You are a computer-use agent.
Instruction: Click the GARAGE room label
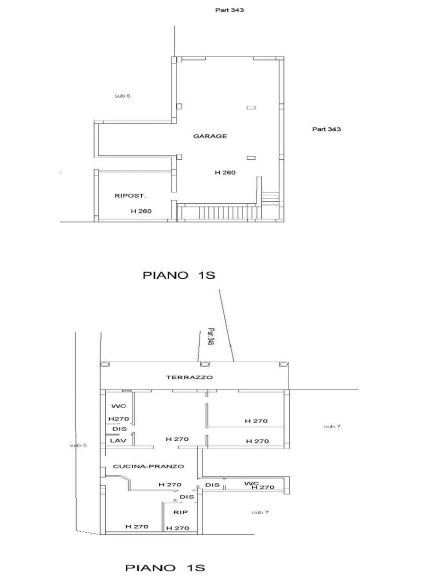(210, 136)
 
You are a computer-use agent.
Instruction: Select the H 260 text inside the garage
(225, 173)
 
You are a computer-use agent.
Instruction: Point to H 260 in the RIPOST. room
(141, 211)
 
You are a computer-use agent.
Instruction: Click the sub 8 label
(122, 96)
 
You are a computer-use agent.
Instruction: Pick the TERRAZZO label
(189, 377)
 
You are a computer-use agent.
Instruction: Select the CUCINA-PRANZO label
(148, 466)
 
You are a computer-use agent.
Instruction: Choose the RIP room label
(180, 512)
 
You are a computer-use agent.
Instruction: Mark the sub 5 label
(78, 445)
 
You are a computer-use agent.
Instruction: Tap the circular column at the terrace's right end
(283, 364)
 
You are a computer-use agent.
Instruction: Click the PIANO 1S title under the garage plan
(179, 275)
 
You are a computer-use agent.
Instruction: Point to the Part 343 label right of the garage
(326, 129)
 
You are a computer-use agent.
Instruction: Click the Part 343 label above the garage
(229, 10)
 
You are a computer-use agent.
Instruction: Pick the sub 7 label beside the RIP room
(260, 512)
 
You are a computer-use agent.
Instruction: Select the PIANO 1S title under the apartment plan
(165, 568)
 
